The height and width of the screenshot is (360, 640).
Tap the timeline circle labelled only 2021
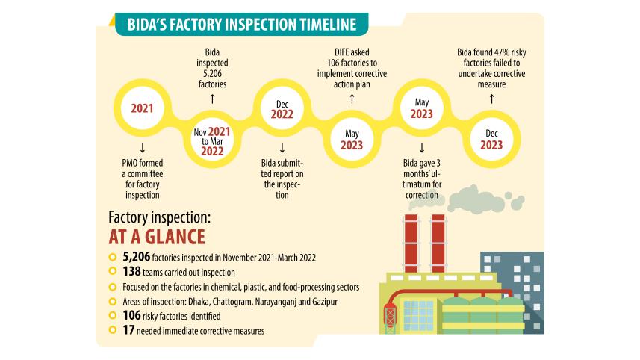coord(142,108)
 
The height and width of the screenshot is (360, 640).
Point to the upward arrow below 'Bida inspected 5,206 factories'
coord(211,97)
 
